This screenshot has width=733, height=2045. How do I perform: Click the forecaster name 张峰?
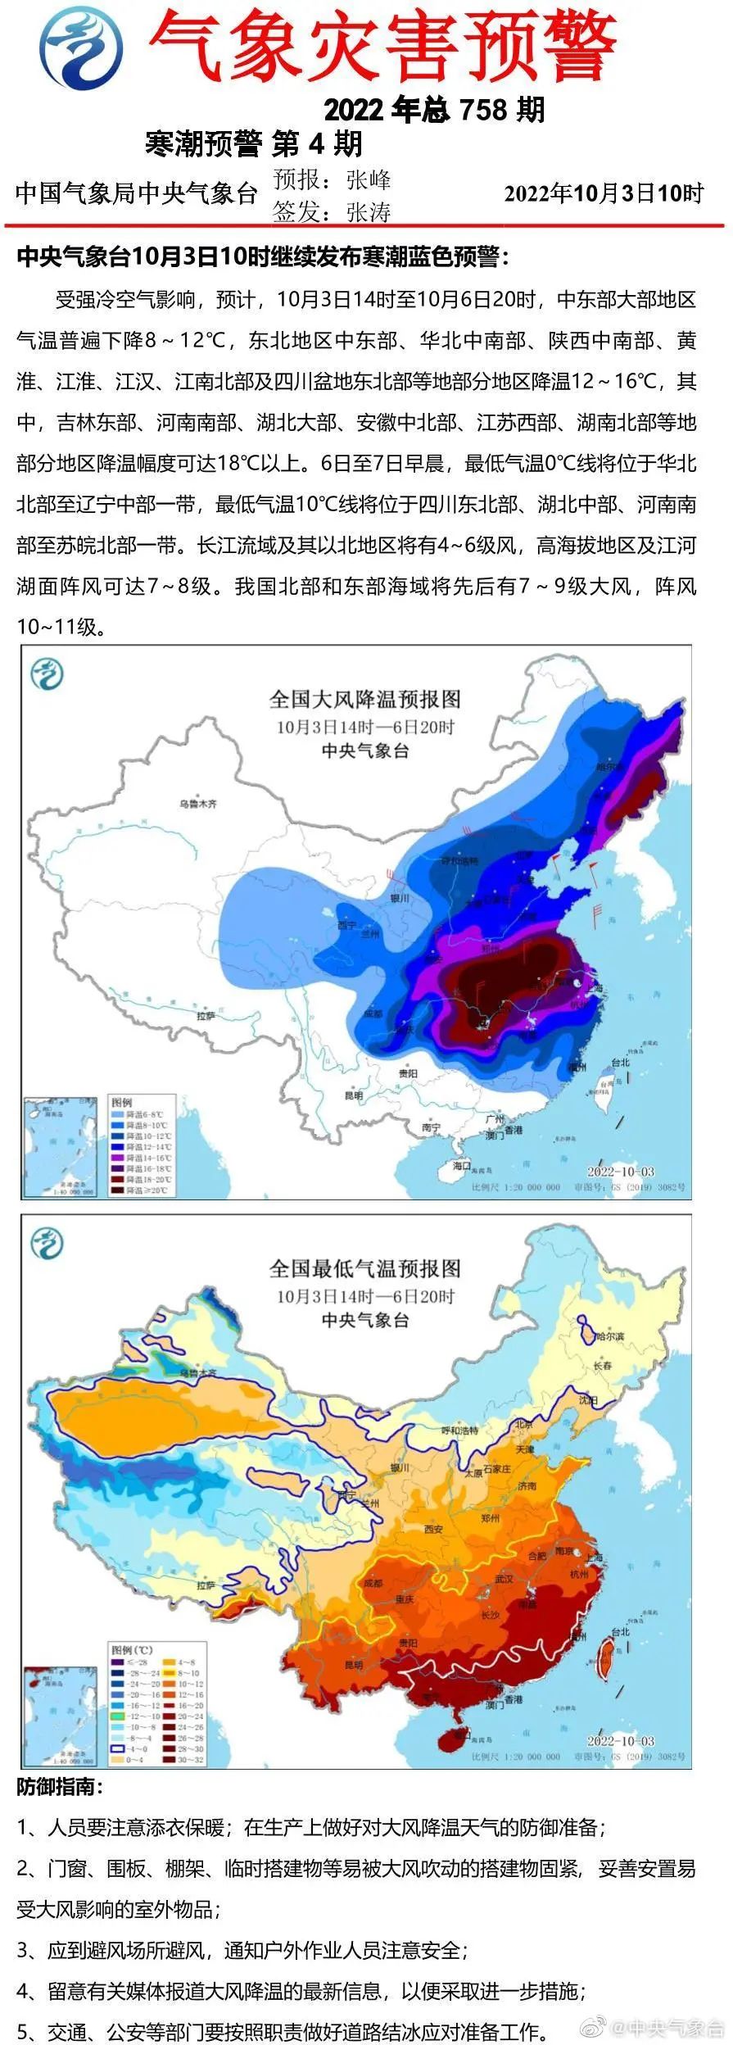[x=369, y=179]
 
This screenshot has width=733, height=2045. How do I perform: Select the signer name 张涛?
[x=369, y=213]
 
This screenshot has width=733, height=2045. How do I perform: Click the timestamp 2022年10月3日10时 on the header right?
[x=604, y=194]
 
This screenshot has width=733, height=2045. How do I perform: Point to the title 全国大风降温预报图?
[x=365, y=700]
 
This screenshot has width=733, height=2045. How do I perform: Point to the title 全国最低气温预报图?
[x=365, y=1269]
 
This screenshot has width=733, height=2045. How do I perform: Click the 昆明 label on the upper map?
[x=354, y=1095]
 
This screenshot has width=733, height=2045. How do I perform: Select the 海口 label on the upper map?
[x=462, y=1165]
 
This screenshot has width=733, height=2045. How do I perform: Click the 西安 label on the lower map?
[x=433, y=1529]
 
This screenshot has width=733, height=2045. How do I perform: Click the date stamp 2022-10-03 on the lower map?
[x=620, y=1741]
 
